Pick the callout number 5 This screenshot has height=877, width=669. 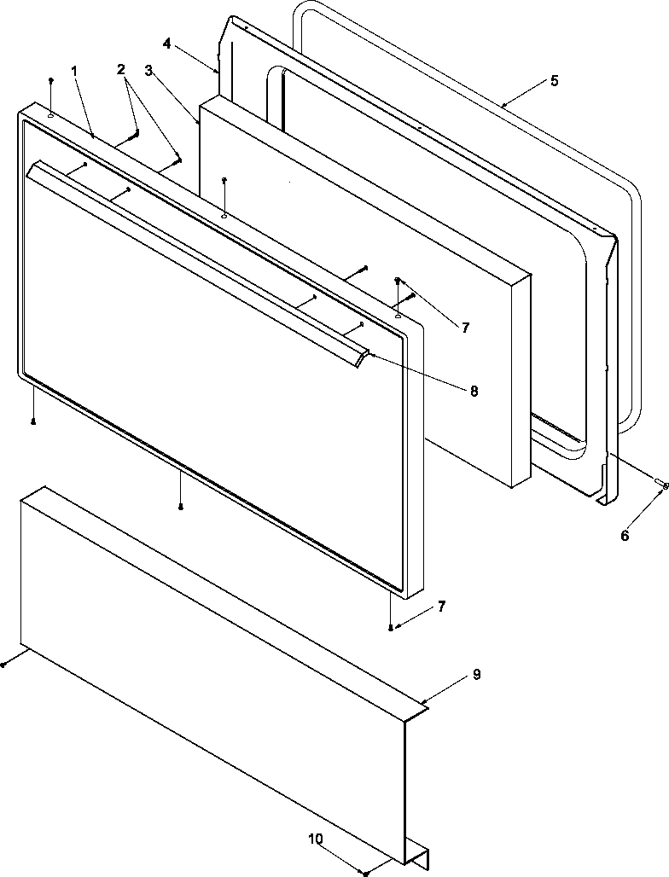555,81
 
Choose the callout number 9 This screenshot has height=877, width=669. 476,674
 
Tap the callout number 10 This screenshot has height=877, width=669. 316,839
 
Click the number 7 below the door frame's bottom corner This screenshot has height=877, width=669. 441,607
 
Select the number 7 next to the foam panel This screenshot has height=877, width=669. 465,327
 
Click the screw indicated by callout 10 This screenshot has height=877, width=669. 366,873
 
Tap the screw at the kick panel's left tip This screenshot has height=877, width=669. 3,664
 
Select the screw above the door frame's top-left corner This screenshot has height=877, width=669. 51,80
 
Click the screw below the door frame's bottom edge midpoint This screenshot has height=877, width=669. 181,507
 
